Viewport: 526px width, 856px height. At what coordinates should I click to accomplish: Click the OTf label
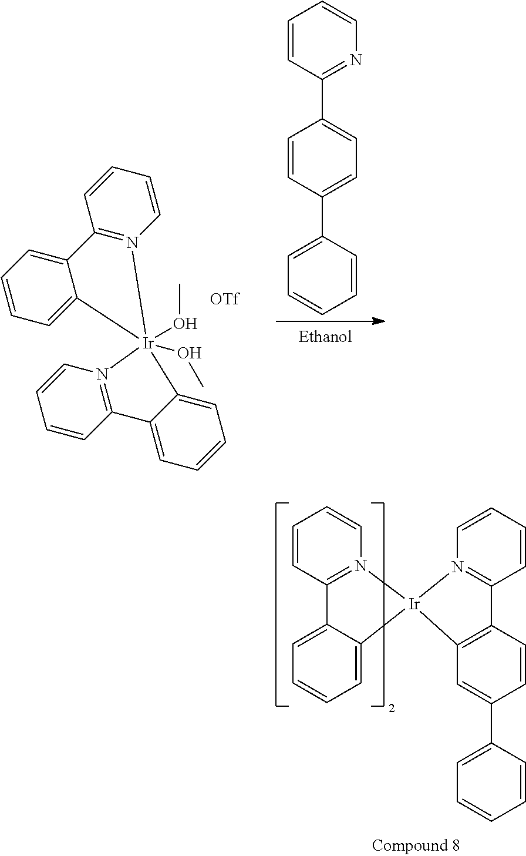click(x=224, y=299)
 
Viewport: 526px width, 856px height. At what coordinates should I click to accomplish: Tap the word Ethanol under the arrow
click(x=325, y=337)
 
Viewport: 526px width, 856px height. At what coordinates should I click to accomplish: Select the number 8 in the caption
click(x=454, y=845)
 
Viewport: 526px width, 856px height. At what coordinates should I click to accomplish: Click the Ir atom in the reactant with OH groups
click(x=147, y=344)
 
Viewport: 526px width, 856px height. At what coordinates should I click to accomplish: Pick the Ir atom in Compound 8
click(x=414, y=604)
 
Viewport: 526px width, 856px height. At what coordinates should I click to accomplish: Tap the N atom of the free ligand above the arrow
click(x=356, y=60)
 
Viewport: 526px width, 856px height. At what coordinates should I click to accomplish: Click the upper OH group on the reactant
click(x=185, y=324)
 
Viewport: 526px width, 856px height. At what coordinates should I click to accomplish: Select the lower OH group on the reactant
click(x=190, y=353)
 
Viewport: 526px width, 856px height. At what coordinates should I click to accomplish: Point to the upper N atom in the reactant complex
click(x=132, y=243)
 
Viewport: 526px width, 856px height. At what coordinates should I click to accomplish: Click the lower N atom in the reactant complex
click(x=102, y=374)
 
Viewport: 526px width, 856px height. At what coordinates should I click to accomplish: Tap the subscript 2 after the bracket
click(x=391, y=709)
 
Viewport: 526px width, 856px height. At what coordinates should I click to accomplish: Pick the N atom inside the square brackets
click(x=360, y=566)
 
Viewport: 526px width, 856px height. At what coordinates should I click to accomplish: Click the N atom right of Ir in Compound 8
click(x=457, y=567)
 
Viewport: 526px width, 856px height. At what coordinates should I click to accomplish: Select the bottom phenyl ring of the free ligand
click(x=322, y=275)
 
